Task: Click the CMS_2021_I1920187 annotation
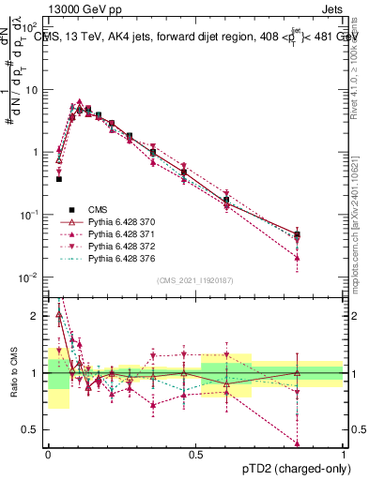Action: pos(195,279)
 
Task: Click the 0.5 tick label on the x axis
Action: pos(195,453)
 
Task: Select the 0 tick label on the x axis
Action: pos(48,453)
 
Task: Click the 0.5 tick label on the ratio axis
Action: pos(33,429)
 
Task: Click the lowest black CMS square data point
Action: pos(58,178)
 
